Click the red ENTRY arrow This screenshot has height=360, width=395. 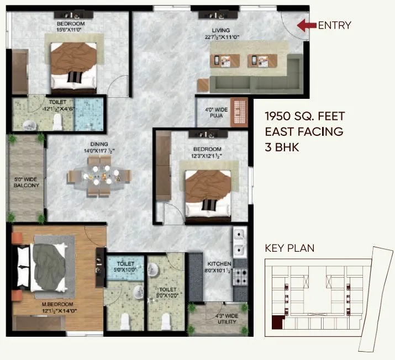306,25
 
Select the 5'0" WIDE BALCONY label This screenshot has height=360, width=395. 26,182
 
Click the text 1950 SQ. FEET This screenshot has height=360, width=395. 304,117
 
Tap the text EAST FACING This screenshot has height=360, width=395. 304,132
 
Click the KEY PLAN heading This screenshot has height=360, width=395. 289,248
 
